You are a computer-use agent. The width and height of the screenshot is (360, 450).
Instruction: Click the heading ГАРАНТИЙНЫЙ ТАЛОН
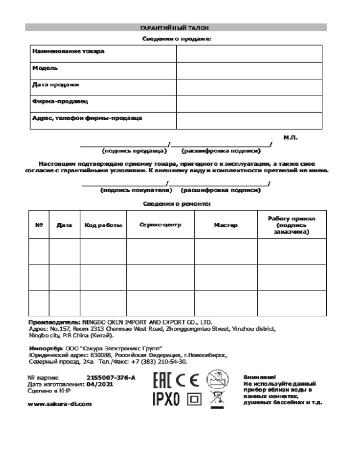coord(176,28)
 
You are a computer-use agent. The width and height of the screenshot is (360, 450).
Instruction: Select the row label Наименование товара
coord(68,51)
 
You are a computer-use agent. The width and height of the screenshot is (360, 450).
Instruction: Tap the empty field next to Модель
coord(249,70)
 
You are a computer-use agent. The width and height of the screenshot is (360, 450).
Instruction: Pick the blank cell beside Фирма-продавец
coord(249,104)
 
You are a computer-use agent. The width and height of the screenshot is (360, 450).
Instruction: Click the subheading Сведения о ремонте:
coord(177,204)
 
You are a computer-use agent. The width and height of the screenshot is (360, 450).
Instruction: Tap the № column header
coord(39,225)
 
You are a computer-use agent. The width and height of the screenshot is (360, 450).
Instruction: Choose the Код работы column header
coord(103,225)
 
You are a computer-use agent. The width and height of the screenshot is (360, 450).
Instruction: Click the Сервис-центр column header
coord(160,225)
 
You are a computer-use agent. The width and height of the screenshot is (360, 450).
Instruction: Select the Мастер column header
coord(225,225)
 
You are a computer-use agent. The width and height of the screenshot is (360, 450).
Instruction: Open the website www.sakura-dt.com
coord(60,404)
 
